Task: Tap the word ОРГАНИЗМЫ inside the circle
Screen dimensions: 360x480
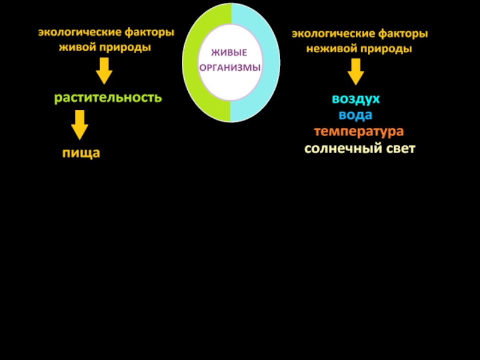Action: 230,67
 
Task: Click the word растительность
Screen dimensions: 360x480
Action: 108,97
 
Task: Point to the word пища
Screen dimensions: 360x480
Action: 81,153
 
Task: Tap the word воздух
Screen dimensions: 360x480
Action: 356,98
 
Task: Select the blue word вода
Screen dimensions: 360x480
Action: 355,115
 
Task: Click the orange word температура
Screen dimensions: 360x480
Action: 358,131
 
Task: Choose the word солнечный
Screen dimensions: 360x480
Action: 340,148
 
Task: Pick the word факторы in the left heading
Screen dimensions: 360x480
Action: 148,32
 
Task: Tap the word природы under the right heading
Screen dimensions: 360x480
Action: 386,49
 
